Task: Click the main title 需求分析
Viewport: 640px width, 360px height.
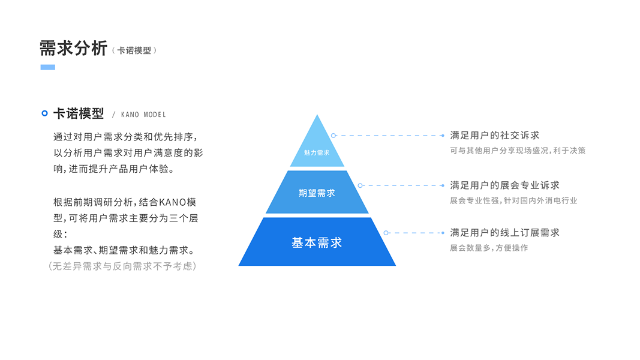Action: [73, 48]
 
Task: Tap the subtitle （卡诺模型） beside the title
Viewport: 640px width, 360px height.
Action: [134, 50]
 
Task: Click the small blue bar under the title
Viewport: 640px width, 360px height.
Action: [48, 67]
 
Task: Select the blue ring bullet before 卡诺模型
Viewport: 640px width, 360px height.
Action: [44, 113]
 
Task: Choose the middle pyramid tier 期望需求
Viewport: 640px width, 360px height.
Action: [317, 193]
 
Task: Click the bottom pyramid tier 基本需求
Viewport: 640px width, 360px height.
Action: [317, 242]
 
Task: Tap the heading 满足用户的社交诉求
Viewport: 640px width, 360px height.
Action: [495, 136]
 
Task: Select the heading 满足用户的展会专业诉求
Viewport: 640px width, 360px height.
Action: [504, 185]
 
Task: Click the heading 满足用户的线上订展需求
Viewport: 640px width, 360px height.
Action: [504, 233]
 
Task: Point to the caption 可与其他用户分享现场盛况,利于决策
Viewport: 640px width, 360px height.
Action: [518, 151]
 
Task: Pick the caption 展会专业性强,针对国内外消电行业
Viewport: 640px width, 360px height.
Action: [513, 200]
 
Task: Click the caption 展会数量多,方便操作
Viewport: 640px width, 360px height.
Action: [489, 248]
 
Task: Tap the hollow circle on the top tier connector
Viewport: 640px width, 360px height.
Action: [333, 136]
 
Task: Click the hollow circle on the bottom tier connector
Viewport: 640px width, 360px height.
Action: [386, 233]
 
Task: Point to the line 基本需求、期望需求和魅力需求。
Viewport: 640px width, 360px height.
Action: [124, 250]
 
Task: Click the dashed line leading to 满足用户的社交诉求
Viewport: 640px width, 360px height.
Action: [390, 136]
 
